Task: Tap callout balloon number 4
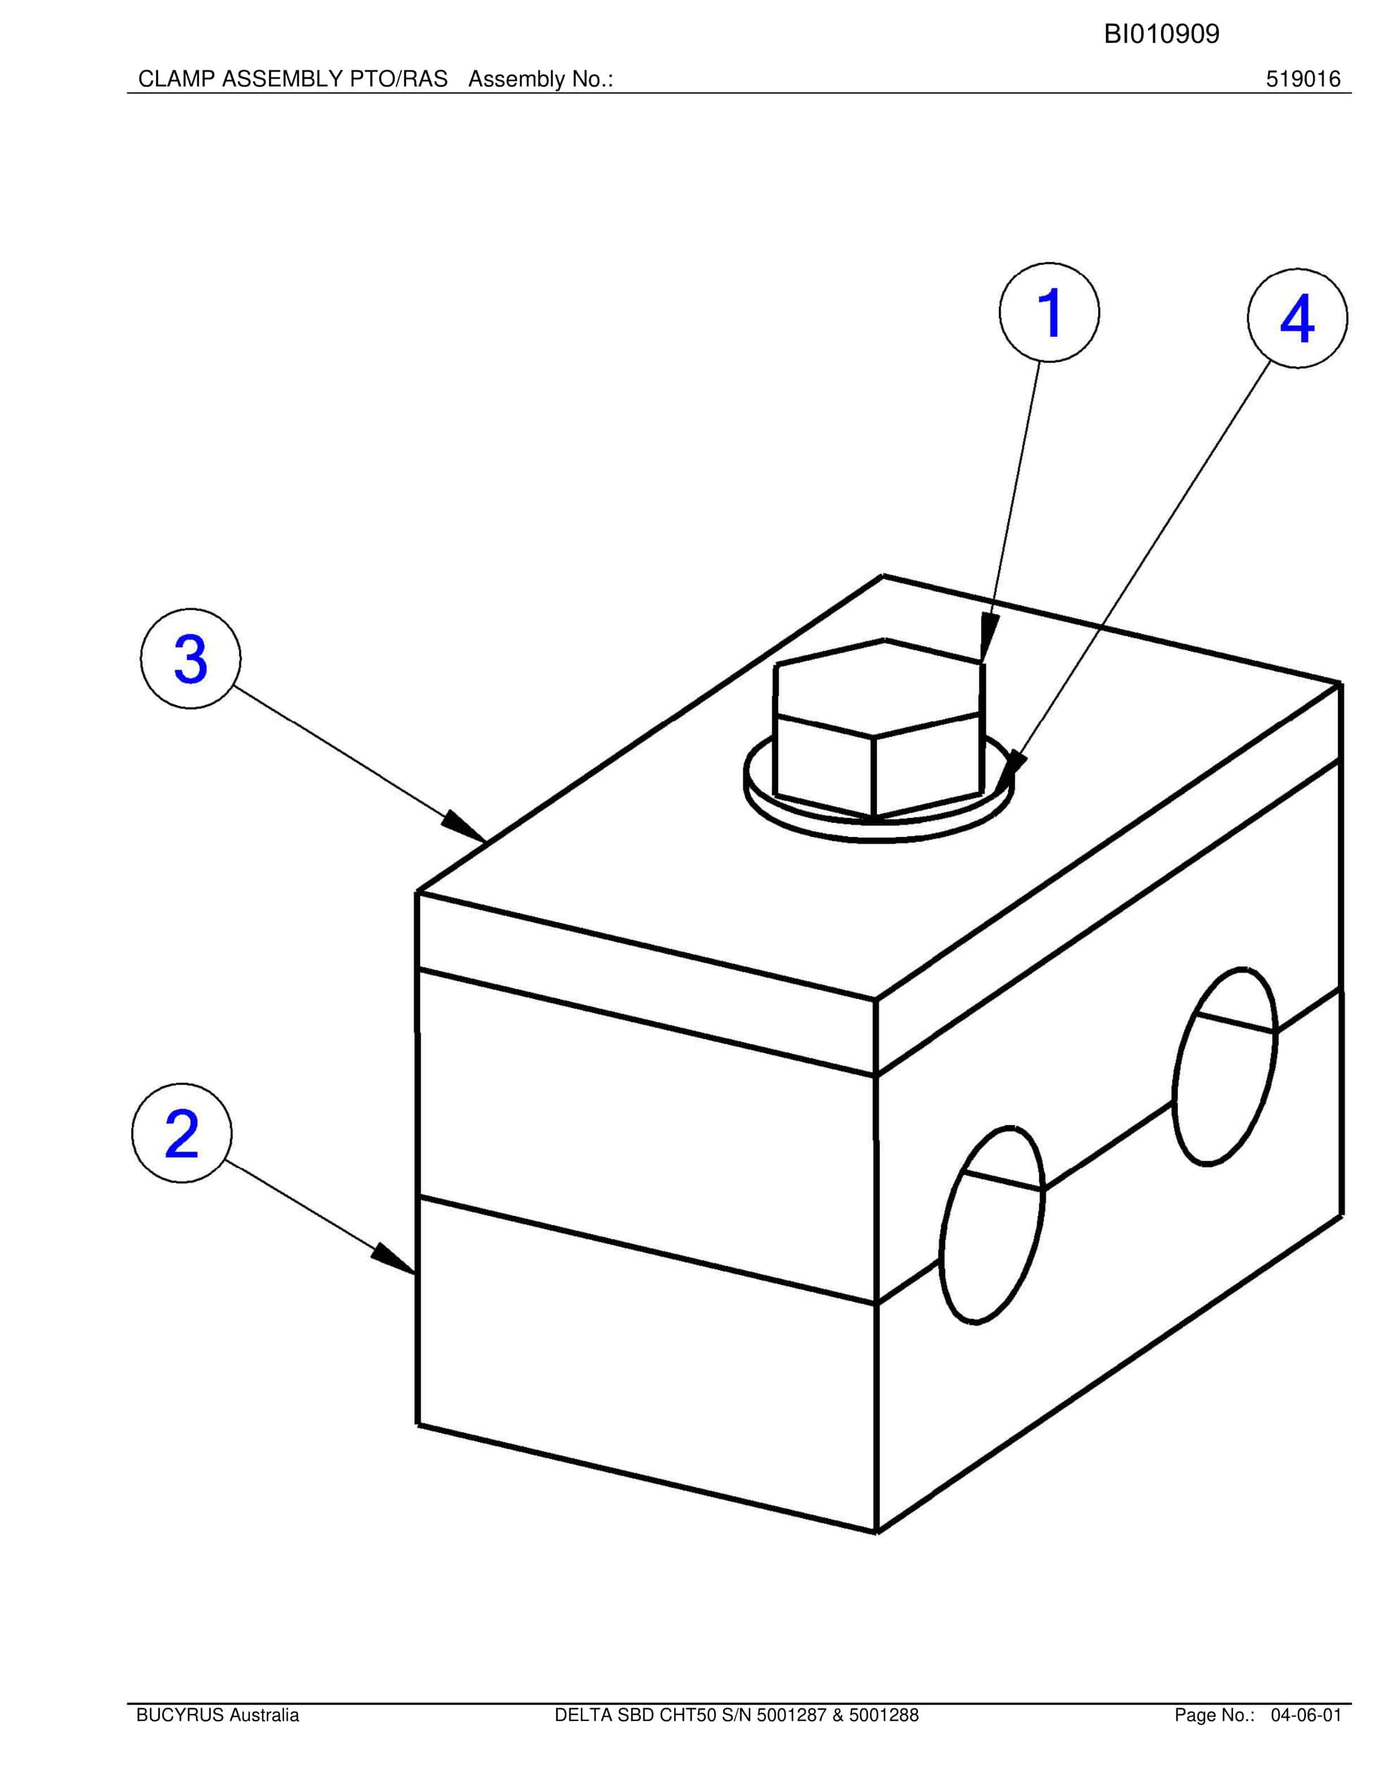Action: [x=1297, y=318]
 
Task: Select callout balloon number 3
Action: [x=191, y=658]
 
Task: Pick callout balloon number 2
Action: [x=182, y=1133]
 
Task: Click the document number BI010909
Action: [x=1161, y=34]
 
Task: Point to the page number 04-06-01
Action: [x=1306, y=1715]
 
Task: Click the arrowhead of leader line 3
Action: [x=464, y=826]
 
